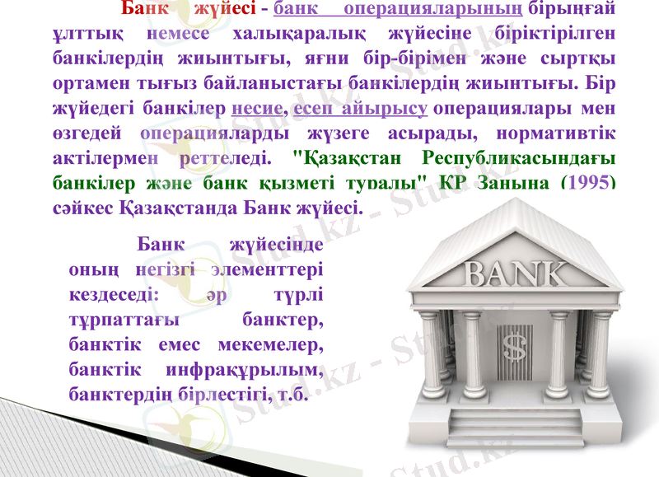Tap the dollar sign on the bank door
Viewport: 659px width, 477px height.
514,347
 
